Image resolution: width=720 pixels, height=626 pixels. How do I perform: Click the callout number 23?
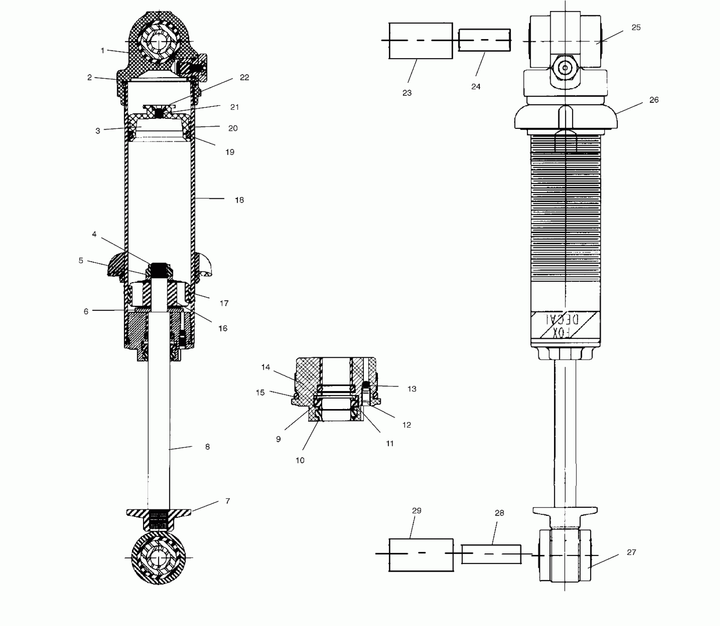pos(407,93)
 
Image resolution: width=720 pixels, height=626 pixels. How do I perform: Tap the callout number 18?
pos(239,200)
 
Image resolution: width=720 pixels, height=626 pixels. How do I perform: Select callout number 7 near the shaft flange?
pos(227,501)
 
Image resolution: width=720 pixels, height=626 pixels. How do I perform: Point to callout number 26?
pos(654,100)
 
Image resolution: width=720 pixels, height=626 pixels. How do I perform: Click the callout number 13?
pos(411,389)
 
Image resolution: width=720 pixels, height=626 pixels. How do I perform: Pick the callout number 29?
pos(416,511)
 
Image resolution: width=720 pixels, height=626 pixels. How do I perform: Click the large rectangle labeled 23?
pos(421,41)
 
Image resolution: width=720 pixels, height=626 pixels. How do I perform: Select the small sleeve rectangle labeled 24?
pos(484,40)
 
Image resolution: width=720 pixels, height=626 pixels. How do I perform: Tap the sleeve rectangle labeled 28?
pos(491,554)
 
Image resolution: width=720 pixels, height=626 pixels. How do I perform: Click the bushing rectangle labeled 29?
pos(421,555)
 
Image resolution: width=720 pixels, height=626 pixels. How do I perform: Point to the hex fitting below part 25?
pos(564,68)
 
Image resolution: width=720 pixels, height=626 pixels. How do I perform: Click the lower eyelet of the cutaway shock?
pos(159,558)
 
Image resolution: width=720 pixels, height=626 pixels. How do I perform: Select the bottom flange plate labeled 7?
pos(159,513)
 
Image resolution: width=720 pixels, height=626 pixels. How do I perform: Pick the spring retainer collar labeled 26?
pos(566,117)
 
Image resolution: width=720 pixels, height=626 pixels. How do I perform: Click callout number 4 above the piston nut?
pos(94,234)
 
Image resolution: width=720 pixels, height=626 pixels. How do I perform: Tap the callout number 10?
pos(300,460)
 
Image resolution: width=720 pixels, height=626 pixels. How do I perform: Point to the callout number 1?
pos(102,50)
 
